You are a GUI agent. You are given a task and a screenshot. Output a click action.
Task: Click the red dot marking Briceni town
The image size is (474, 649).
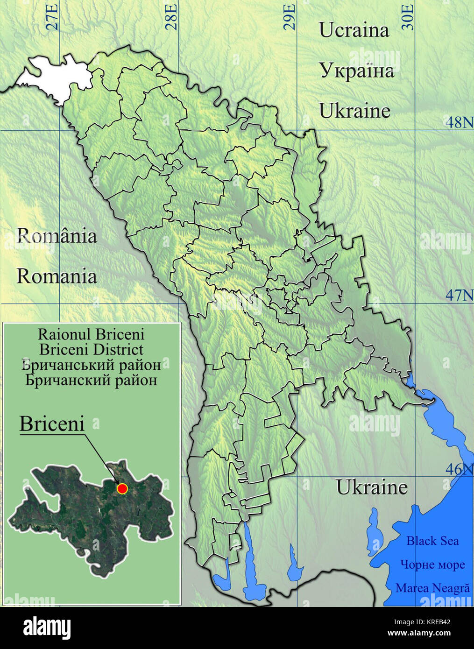pos(122,488)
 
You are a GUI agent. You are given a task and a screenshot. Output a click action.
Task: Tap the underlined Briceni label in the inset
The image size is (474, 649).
pos(52,424)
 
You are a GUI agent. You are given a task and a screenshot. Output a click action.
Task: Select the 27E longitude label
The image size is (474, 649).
pos(53,17)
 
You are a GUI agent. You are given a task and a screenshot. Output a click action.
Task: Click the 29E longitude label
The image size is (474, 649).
pos(290,17)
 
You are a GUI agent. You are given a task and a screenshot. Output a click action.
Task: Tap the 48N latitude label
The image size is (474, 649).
pos(459,122)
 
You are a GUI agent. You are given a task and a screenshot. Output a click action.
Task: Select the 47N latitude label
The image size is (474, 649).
pos(459,295)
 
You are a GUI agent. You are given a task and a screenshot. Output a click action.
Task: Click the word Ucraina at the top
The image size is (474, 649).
pos(354,30)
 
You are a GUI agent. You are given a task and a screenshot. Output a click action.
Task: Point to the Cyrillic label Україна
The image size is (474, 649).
pos(357,71)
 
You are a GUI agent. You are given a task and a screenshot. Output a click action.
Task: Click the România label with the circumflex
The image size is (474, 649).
pos(57,235)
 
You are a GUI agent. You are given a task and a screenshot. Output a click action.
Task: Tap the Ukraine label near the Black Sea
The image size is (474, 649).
pos(372,487)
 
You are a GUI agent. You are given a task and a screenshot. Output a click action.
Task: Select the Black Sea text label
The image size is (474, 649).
pos(432,541)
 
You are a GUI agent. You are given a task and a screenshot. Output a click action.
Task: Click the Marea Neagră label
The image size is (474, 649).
pos(432,588)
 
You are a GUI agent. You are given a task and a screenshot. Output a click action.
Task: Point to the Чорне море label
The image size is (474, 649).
pos(432,564)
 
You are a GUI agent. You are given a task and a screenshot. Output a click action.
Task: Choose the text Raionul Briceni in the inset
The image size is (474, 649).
pos(91,334)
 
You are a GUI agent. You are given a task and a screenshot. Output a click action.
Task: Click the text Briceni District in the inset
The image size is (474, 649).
pos(91,349)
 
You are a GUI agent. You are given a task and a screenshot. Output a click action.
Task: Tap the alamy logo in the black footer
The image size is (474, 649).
pos(47,628)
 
